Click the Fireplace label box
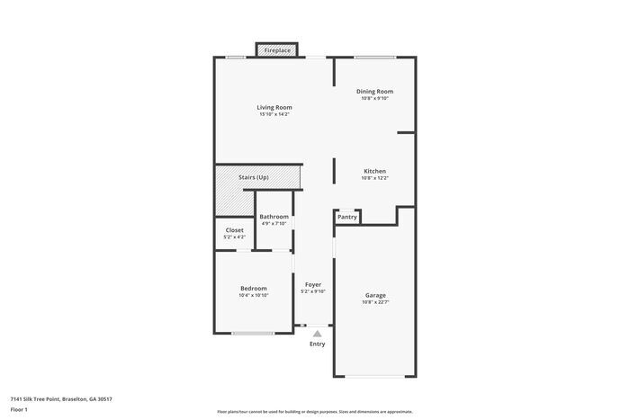tap(277, 50)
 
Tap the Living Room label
tap(274, 107)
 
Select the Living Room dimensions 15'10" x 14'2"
tap(274, 115)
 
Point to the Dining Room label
tap(374, 91)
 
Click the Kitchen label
tap(374, 171)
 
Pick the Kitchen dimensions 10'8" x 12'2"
tap(374, 178)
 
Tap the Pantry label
tap(347, 217)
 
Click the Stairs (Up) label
tap(254, 177)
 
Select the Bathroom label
tap(274, 217)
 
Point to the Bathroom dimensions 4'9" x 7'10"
tap(274, 224)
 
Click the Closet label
tap(234, 230)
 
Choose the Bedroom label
tap(253, 288)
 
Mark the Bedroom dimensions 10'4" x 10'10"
tap(253, 296)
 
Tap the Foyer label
tap(313, 284)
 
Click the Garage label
tap(375, 295)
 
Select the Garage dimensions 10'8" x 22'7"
tap(375, 302)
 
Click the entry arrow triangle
tap(317, 333)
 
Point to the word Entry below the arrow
tap(317, 344)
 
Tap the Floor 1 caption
tap(20, 409)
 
